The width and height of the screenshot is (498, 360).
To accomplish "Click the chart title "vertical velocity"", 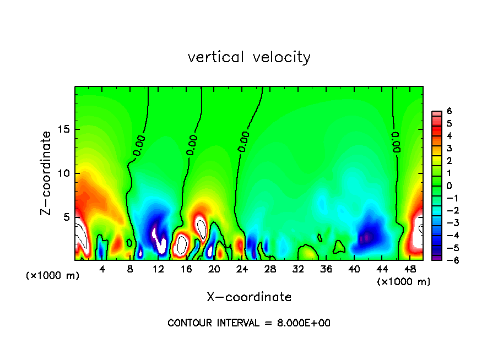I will [x=249, y=57].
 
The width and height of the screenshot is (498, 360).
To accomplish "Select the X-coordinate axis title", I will [x=249, y=297].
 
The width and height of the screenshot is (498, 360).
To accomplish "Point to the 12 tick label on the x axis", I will [x=158, y=269].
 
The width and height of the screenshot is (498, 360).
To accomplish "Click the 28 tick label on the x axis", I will [x=270, y=269].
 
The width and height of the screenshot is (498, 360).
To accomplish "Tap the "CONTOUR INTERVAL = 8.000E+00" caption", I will [x=249, y=323].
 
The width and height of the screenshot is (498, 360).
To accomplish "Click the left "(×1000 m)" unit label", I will [x=53, y=276].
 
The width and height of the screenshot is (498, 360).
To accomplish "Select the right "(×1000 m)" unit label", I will [x=404, y=282].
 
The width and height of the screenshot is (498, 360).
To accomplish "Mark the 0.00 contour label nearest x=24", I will [x=244, y=141].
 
